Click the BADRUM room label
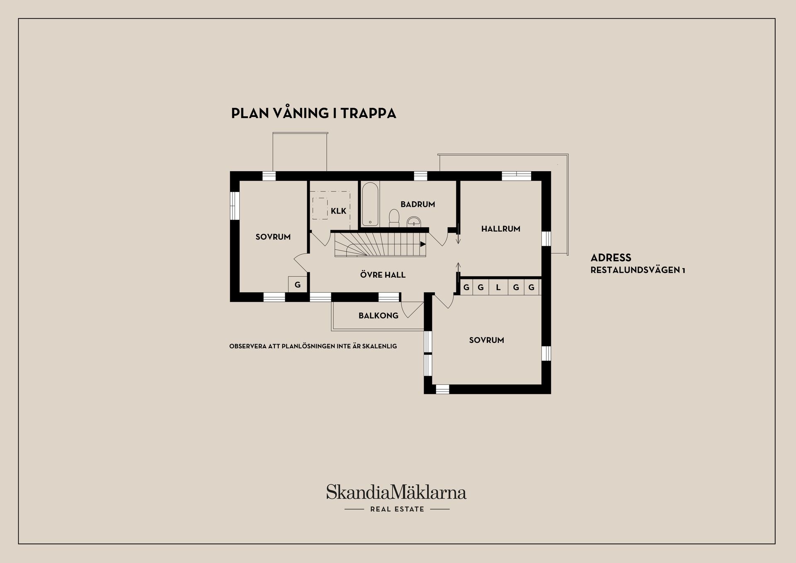click(417, 204)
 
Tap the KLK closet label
click(338, 211)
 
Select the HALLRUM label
click(500, 228)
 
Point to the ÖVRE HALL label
click(383, 274)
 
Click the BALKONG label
click(378, 315)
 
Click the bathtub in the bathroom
click(370, 204)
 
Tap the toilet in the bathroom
click(394, 218)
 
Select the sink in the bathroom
click(413, 221)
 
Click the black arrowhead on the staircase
click(423, 244)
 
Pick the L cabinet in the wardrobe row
click(498, 287)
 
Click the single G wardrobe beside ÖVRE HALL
click(298, 284)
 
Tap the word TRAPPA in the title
click(369, 113)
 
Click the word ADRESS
click(611, 257)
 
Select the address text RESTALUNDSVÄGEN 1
click(638, 270)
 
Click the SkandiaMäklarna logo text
click(396, 492)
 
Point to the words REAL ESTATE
click(397, 509)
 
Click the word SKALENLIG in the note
click(379, 346)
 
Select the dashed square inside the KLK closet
click(320, 208)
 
